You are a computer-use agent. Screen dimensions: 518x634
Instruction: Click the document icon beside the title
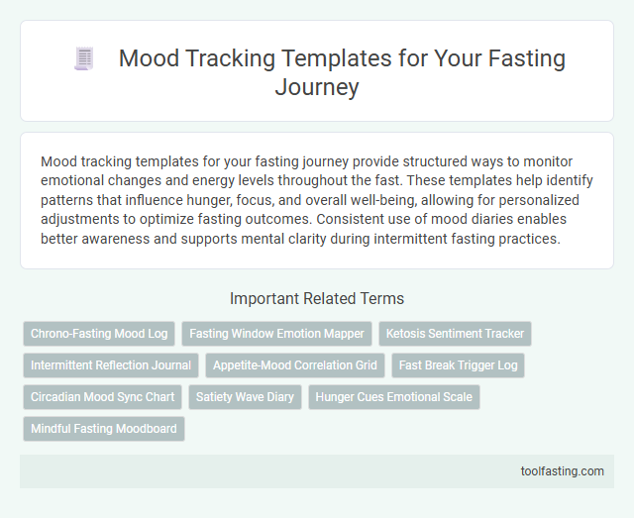(x=83, y=59)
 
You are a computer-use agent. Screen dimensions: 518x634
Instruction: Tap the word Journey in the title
(x=317, y=88)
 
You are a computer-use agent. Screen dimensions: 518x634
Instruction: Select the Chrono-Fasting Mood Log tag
(x=99, y=334)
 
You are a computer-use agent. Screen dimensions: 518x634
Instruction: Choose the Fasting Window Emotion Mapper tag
(x=276, y=334)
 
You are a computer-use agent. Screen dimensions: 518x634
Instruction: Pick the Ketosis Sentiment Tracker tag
(x=457, y=334)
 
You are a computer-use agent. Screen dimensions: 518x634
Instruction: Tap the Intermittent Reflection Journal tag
(x=111, y=365)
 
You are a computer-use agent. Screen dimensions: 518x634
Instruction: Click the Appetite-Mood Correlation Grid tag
(x=295, y=365)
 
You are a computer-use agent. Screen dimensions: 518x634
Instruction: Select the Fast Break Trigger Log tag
(x=458, y=365)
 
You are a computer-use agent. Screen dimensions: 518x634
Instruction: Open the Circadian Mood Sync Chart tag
(x=102, y=397)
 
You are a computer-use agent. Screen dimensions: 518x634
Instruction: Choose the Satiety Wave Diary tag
(x=246, y=397)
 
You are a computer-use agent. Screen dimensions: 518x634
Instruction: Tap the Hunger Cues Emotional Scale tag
(x=394, y=397)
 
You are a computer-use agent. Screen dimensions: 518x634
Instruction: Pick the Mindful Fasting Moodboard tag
(x=104, y=429)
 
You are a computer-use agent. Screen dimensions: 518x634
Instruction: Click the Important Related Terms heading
(x=317, y=298)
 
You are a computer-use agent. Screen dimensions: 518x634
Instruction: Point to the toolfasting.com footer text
(x=562, y=471)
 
